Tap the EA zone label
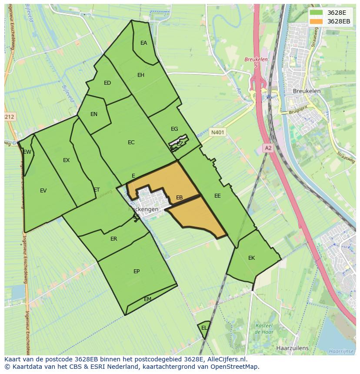point(143,43)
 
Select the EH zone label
point(141,75)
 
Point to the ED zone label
point(107,83)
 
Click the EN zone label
point(94,114)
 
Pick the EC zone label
point(131,142)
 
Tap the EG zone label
point(174,129)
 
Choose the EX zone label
point(66,160)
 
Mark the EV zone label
point(43,190)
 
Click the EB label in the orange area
point(179,198)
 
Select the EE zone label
point(217,196)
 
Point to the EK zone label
point(251,258)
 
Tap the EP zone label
point(137,271)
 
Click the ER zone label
point(113,239)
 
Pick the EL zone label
point(204,328)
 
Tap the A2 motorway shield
point(268,148)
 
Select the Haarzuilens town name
point(292,348)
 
